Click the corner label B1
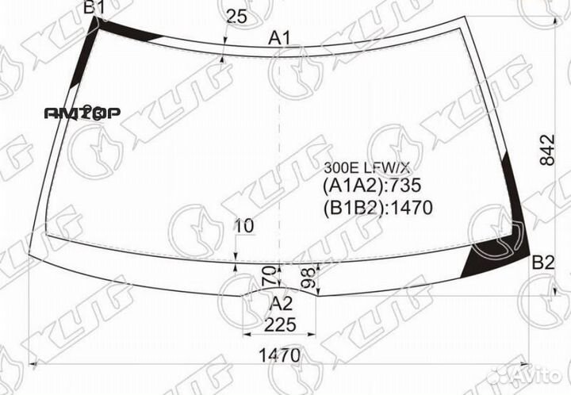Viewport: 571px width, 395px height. click(x=94, y=9)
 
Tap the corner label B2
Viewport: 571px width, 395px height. click(x=542, y=263)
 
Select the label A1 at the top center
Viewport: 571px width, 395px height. click(x=280, y=37)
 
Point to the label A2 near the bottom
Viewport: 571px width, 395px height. click(x=282, y=304)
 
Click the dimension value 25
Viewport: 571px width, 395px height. click(x=236, y=15)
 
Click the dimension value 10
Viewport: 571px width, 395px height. click(x=244, y=226)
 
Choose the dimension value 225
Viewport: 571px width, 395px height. click(x=280, y=324)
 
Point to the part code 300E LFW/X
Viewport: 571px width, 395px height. click(x=367, y=167)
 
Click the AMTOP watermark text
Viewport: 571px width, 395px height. click(x=82, y=113)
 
